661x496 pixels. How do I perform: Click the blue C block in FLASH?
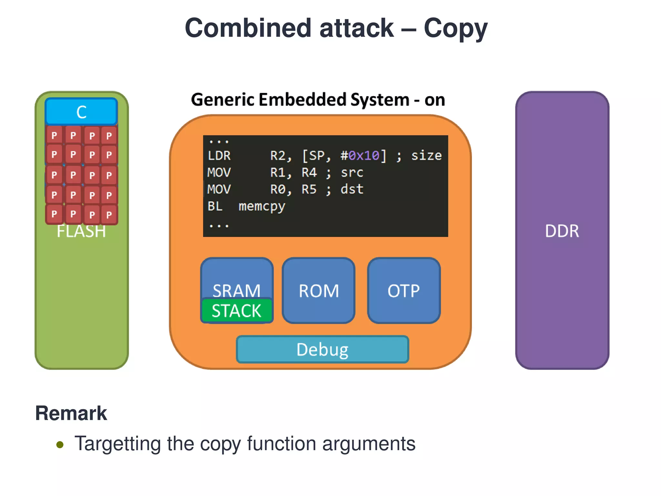tap(81, 112)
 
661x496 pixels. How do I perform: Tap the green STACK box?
tap(237, 311)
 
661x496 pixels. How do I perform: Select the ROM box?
tap(319, 290)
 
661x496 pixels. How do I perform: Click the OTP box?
tap(403, 290)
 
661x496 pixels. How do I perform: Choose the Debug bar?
tap(322, 349)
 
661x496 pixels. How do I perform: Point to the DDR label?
tap(562, 231)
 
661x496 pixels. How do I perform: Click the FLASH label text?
tap(81, 232)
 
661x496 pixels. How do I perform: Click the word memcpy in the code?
tap(262, 206)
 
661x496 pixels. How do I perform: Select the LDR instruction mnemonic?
tap(219, 156)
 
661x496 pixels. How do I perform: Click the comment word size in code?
tap(426, 156)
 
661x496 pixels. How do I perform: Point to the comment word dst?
tap(352, 189)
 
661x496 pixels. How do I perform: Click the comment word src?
tap(352, 172)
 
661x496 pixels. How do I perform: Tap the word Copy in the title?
tap(455, 28)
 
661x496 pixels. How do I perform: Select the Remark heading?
tap(71, 413)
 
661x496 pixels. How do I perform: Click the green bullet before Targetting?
tap(60, 445)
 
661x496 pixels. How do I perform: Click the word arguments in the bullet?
tap(369, 444)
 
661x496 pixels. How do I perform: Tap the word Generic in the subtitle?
tap(223, 99)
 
